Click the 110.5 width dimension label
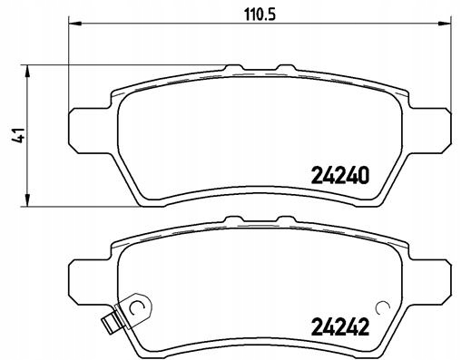tap(260, 15)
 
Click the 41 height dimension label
tap(18, 135)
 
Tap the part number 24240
tap(340, 176)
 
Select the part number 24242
tap(340, 327)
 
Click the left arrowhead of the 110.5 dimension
tap(75, 24)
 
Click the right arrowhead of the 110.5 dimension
tap(445, 24)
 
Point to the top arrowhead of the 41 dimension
tap(27, 72)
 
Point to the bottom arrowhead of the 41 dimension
tap(27, 199)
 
